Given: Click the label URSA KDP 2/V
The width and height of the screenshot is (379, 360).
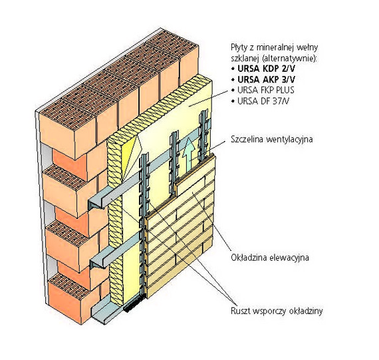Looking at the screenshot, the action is tap(267, 69).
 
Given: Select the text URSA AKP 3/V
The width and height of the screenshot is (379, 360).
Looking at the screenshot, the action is tap(267, 79).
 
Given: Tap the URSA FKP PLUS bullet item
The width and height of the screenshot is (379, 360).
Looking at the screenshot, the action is tap(266, 90).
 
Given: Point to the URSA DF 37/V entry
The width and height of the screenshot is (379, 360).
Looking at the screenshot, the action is tap(263, 100).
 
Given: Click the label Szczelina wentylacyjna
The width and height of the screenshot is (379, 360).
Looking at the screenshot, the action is tap(272, 140).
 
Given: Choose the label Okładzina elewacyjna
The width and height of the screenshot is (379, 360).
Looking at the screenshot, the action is tap(270, 258).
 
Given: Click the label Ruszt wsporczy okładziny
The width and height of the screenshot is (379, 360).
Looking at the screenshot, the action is tap(277, 311).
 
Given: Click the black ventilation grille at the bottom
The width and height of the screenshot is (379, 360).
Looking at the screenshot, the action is tap(134, 304).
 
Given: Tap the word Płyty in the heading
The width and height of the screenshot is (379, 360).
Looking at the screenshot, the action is tap(239, 48).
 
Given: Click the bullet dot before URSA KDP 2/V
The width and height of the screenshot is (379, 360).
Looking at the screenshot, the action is tap(233, 69).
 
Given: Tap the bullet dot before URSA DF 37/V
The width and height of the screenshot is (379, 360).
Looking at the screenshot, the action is tap(233, 101).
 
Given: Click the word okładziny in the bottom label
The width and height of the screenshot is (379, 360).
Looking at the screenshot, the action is tap(306, 311).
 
